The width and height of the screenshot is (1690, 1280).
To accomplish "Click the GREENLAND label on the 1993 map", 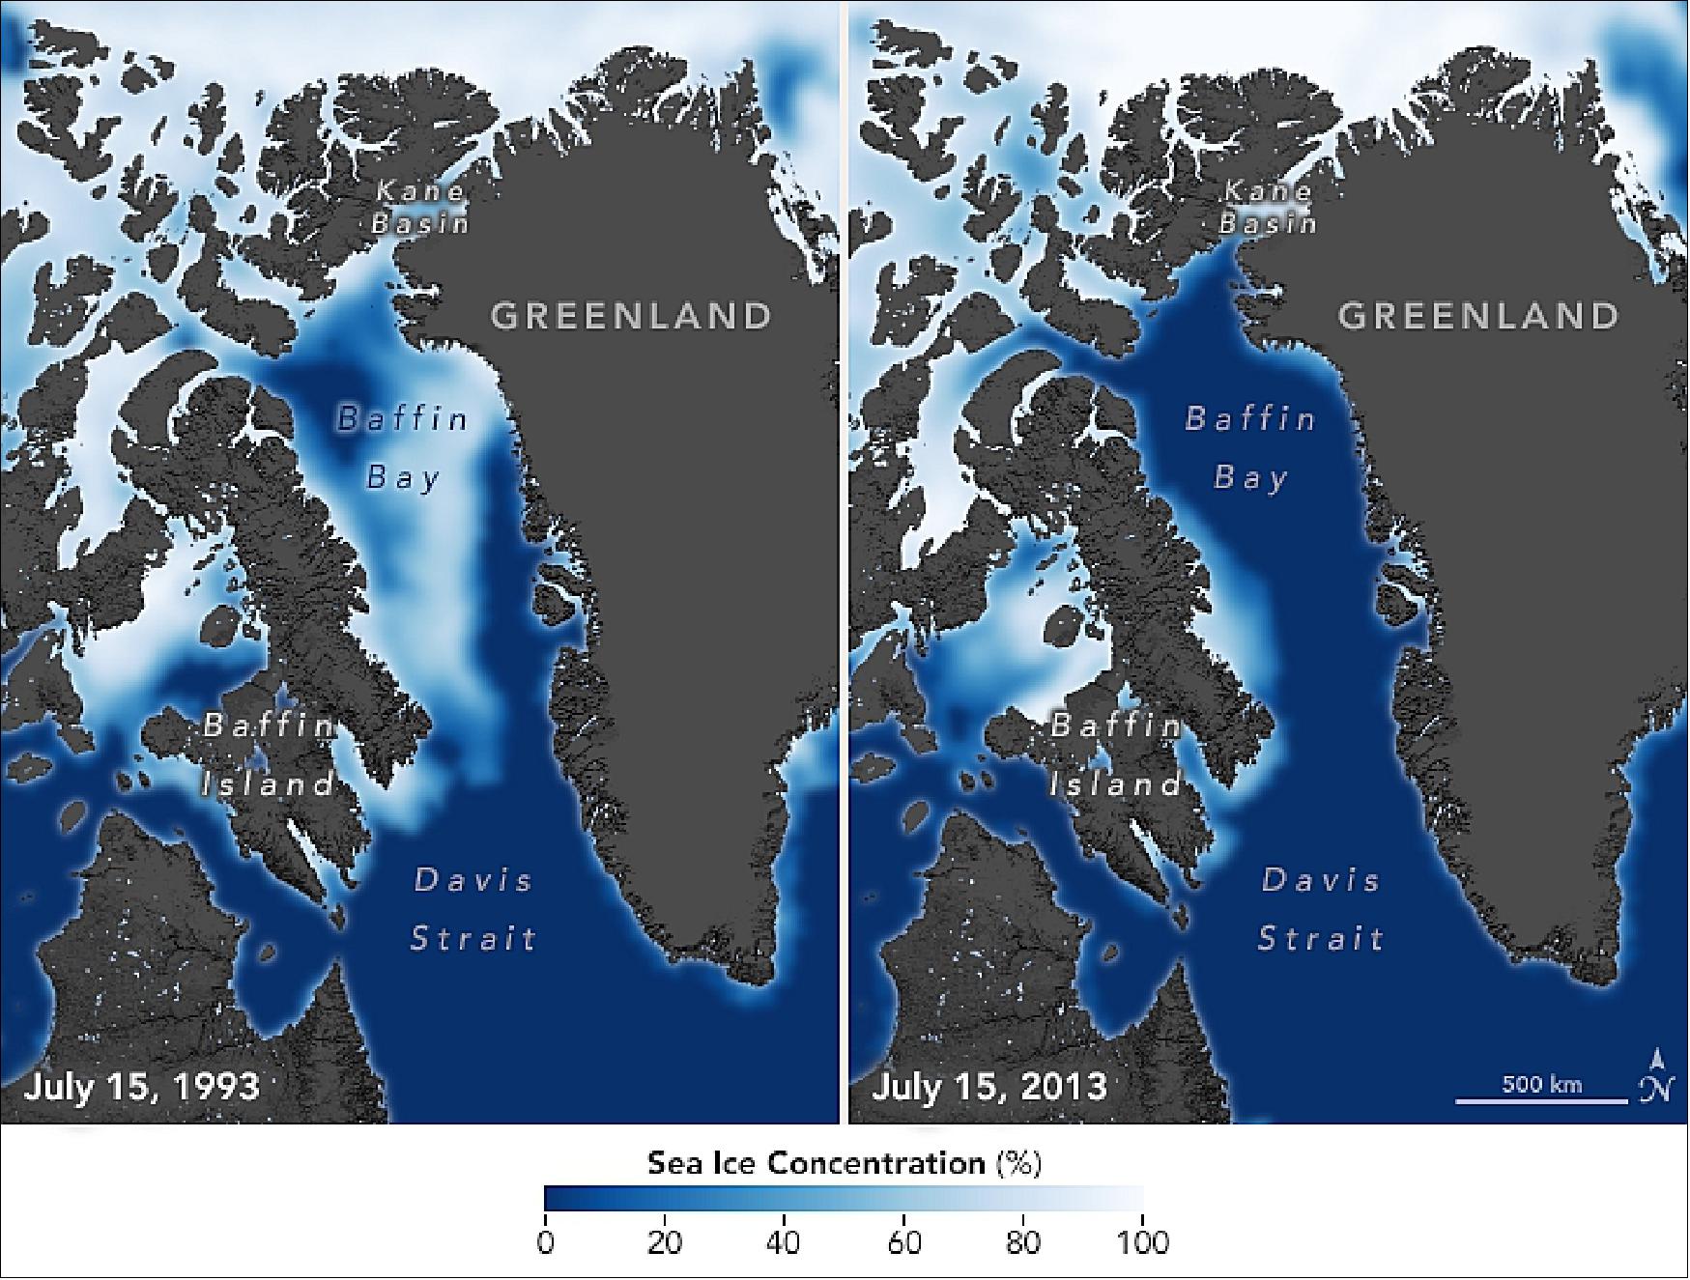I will (x=632, y=316).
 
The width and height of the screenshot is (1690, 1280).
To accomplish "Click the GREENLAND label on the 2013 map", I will (x=1478, y=316).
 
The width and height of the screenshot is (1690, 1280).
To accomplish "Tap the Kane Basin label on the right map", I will (x=1268, y=207).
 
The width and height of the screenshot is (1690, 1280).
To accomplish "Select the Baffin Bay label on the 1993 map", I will (x=403, y=447).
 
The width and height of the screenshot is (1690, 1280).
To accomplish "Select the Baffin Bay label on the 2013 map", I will (x=1250, y=447).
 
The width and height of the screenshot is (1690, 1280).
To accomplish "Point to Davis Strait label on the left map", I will (x=473, y=909).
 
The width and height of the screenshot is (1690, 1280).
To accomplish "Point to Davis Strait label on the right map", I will (x=1321, y=909).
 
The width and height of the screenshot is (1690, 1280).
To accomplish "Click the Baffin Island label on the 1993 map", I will (x=269, y=754).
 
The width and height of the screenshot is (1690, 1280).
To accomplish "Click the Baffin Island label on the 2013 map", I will (x=1116, y=754).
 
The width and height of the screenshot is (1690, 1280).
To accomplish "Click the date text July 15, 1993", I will (x=142, y=1086).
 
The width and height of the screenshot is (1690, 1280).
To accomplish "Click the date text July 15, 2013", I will (x=989, y=1086).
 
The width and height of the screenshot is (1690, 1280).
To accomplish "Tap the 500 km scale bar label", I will (x=1542, y=1084).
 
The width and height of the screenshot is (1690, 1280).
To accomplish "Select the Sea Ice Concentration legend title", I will (x=844, y=1163).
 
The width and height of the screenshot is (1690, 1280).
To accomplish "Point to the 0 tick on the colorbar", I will (x=546, y=1240).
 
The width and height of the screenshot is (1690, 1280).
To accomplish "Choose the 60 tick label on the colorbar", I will (x=904, y=1240).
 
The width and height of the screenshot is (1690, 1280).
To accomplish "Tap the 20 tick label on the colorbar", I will (x=665, y=1240).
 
